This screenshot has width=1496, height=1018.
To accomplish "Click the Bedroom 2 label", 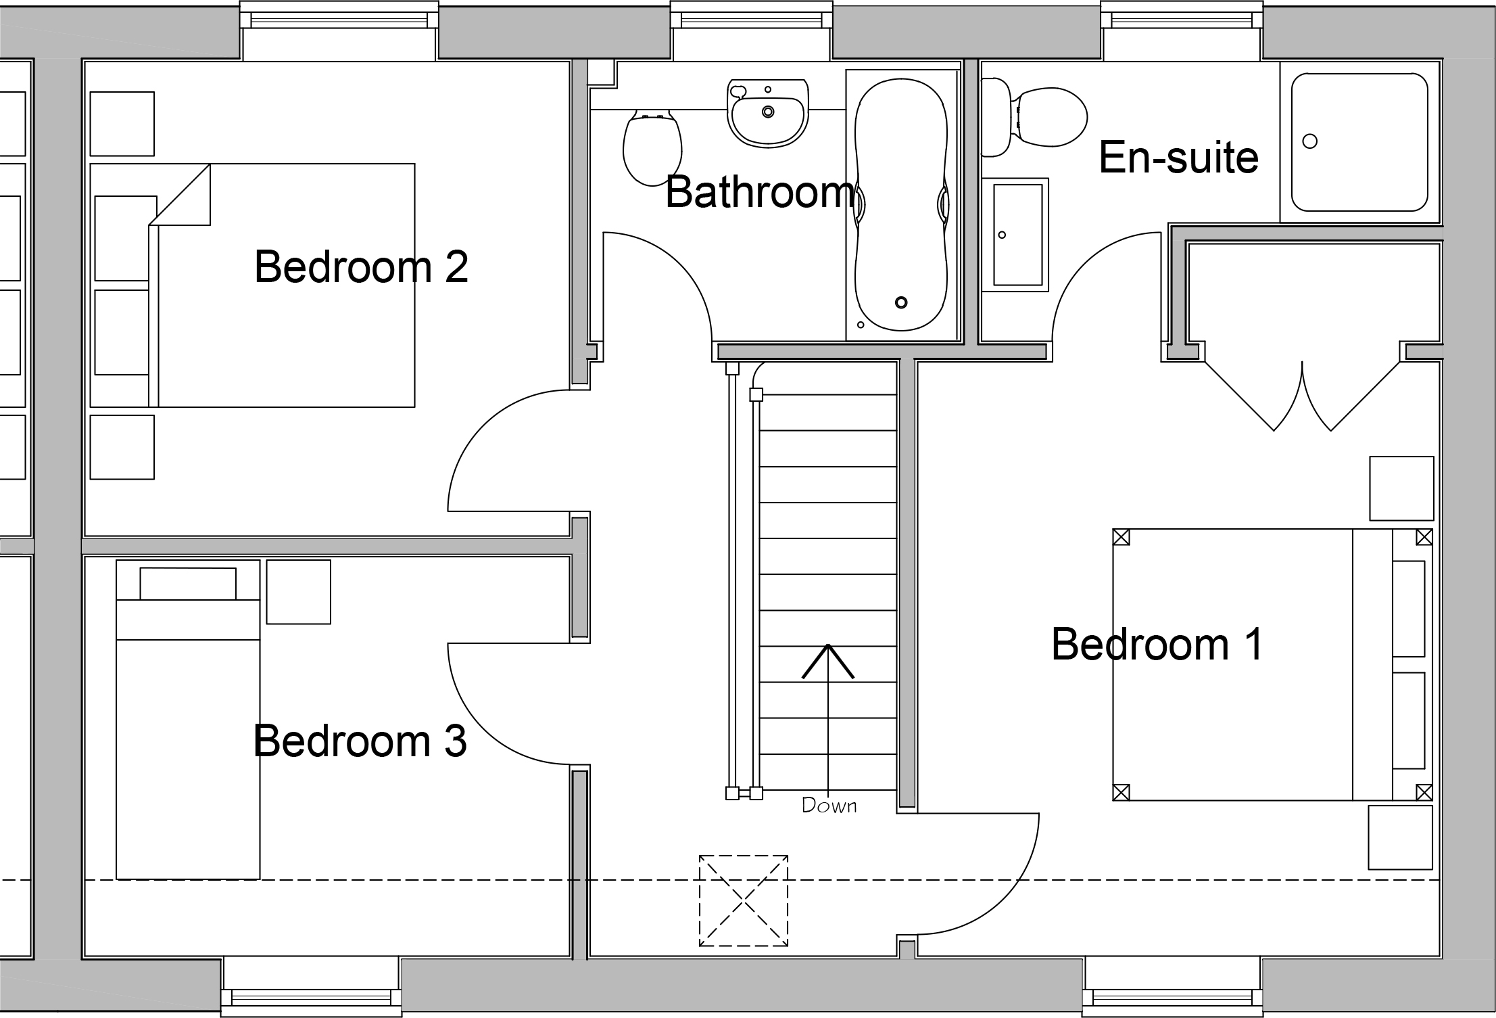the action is (361, 267).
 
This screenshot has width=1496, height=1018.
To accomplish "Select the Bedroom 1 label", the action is (1157, 644).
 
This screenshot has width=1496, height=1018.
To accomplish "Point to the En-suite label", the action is (1179, 158).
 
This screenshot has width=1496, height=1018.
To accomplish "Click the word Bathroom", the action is (761, 192).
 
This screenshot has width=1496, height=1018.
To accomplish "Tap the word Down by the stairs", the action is (829, 806).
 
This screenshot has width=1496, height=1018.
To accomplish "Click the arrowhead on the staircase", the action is (828, 662).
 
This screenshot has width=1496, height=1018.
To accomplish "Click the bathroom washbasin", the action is (768, 113).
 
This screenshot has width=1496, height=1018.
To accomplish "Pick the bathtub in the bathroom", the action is (902, 204).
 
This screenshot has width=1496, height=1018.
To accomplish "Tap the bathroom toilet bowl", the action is (652, 147).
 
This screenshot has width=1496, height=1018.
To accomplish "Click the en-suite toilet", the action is (1034, 117).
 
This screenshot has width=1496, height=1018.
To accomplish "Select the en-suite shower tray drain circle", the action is (1309, 141).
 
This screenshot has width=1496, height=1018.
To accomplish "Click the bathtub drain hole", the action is (901, 302).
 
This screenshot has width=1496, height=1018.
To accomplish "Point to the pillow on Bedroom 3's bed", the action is (188, 584).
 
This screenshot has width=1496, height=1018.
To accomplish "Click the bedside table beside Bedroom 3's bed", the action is (298, 592).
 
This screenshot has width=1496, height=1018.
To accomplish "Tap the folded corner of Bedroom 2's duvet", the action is (180, 195).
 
